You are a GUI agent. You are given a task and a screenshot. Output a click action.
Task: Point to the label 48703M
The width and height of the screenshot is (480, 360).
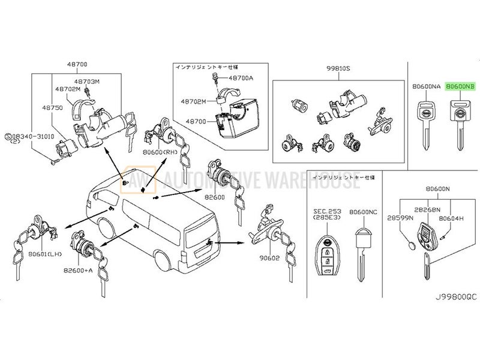tap(89, 80)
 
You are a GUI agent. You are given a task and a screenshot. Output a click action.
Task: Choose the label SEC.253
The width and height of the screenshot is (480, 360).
tap(326, 212)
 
